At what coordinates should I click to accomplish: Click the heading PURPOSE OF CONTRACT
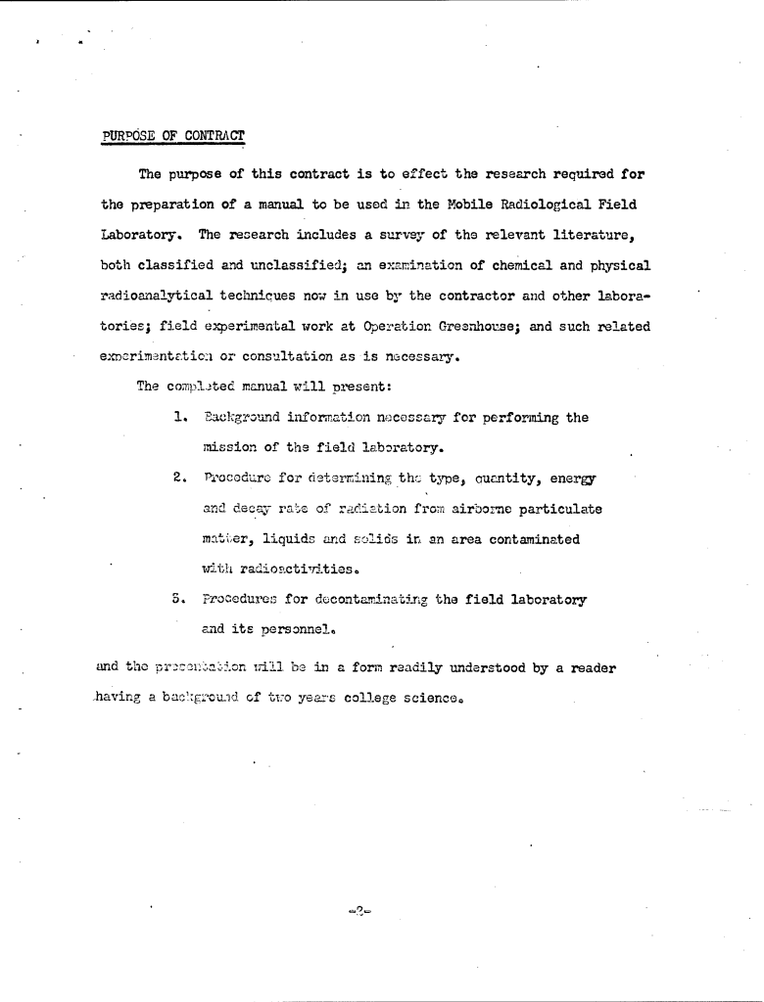pos(173,135)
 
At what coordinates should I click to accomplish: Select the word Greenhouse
pos(478,326)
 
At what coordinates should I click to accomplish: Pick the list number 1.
pos(179,418)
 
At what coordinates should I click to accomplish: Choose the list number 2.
pos(179,478)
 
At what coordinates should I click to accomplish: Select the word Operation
pos(394,326)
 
